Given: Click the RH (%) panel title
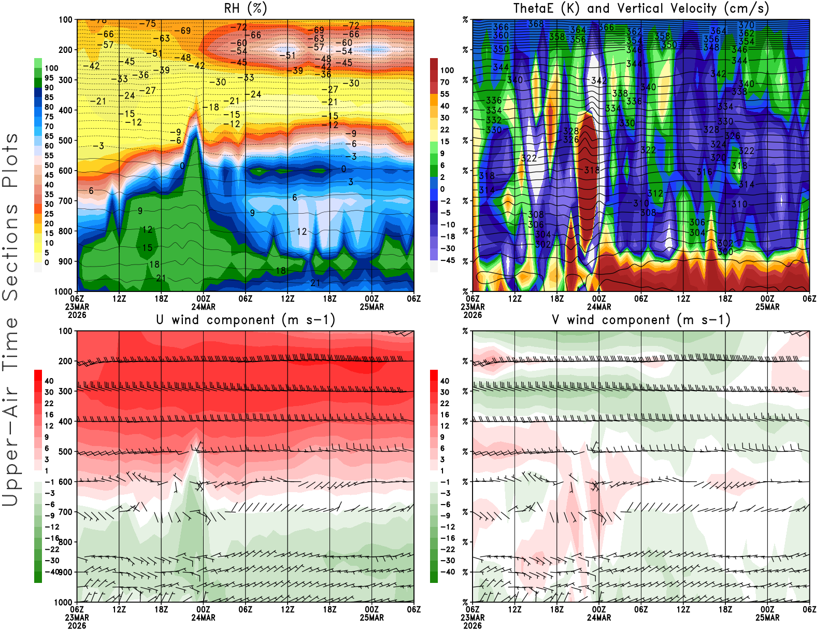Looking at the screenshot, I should [x=245, y=8].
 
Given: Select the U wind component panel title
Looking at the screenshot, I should [x=246, y=319].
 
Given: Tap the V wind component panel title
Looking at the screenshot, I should [x=641, y=319].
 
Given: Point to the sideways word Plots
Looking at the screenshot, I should [x=10, y=160].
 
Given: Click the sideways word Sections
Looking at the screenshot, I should [x=10, y=253].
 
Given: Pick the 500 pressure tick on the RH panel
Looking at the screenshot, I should [x=66, y=141].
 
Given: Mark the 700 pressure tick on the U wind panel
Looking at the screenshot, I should [x=66, y=512].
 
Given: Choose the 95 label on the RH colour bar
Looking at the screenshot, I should [x=49, y=78].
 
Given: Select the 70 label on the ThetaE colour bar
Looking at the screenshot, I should [x=445, y=82].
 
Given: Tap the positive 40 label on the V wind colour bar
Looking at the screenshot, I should [x=445, y=381].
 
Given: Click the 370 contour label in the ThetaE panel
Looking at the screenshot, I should [x=747, y=25].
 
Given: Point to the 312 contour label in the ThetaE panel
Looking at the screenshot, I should [x=655, y=193].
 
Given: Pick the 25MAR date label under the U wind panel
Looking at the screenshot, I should [x=371, y=618].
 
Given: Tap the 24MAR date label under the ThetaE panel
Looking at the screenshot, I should [x=598, y=306].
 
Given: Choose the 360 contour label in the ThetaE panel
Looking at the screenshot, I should [x=501, y=35].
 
